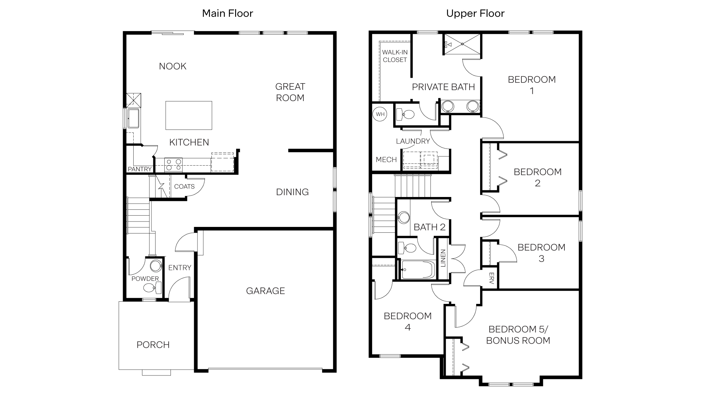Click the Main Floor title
pyautogui.click(x=227, y=13)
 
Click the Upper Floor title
pyautogui.click(x=475, y=13)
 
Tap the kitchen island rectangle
pyautogui.click(x=189, y=115)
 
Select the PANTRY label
pyautogui.click(x=139, y=169)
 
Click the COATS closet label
pyautogui.click(x=184, y=186)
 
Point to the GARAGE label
pyautogui.click(x=265, y=291)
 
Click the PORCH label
pyautogui.click(x=153, y=345)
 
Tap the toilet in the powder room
pyautogui.click(x=150, y=288)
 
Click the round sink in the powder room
pyautogui.click(x=156, y=266)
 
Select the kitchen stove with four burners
pyautogui.click(x=173, y=165)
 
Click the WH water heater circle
pyautogui.click(x=380, y=114)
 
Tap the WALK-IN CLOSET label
pyautogui.click(x=395, y=56)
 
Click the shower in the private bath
pyautogui.click(x=462, y=44)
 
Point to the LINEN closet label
pyautogui.click(x=443, y=258)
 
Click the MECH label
pyautogui.click(x=386, y=159)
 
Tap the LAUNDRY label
pyautogui.click(x=413, y=141)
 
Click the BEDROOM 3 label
pyautogui.click(x=541, y=253)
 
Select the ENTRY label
pyautogui.click(x=180, y=268)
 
